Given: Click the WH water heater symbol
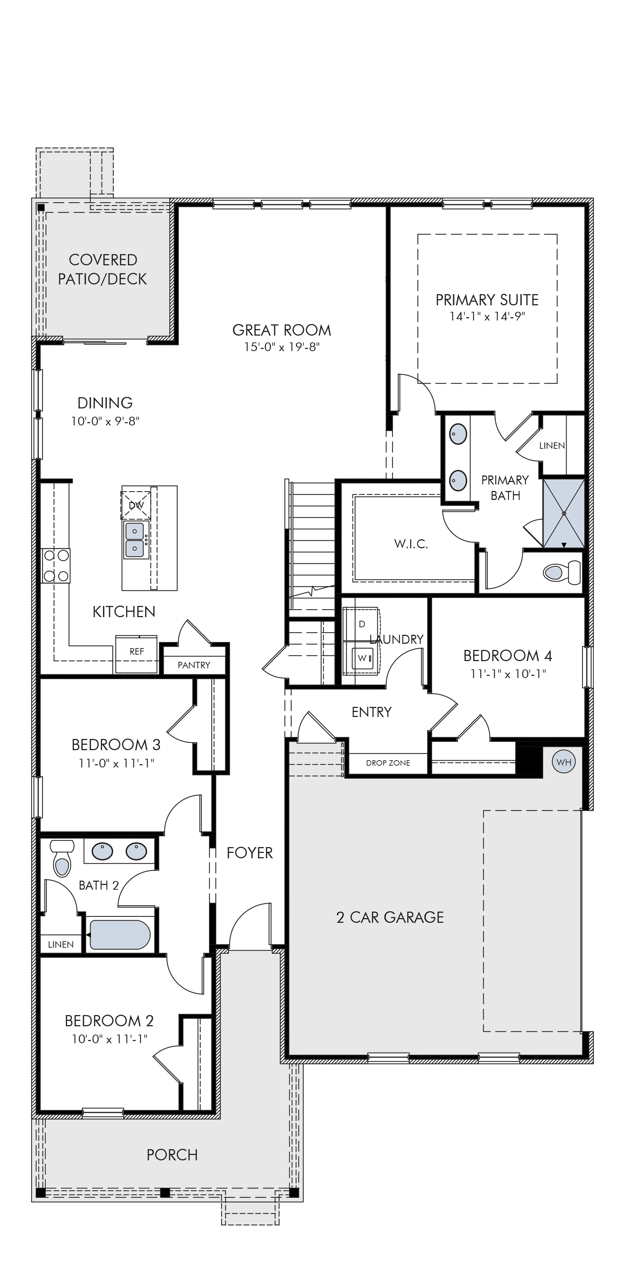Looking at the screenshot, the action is coord(564,762).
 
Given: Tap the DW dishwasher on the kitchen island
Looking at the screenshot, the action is coord(136,505).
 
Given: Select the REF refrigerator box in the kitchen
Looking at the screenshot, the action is coord(137,654).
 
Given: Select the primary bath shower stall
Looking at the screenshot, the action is coord(564,513).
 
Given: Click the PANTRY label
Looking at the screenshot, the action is coord(194,665).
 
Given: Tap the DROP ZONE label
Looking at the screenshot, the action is coord(388,763).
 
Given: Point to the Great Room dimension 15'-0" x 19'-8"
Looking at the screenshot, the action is coord(282,347).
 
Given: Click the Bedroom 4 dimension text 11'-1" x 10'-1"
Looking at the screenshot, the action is coord(508,674).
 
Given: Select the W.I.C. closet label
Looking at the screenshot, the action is coord(411,544).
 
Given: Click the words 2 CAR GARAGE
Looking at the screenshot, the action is coord(390,917).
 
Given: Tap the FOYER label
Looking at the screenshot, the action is coord(250,853).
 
